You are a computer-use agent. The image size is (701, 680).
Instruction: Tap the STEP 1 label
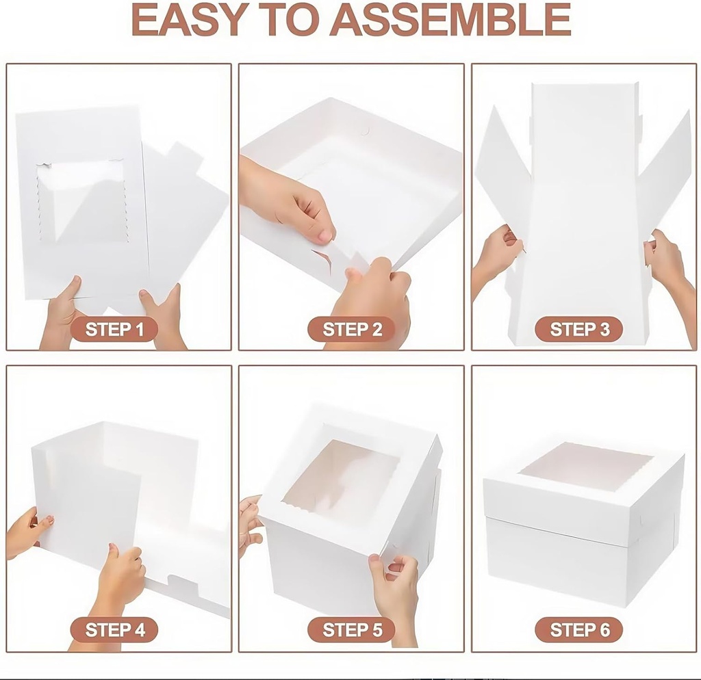[x=114, y=330]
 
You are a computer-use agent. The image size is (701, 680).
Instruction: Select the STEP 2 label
[x=352, y=330]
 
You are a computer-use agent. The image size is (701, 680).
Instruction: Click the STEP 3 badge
[x=579, y=330]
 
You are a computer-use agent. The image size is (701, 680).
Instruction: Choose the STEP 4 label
[x=114, y=629]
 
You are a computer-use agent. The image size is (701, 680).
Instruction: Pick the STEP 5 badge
[x=352, y=629]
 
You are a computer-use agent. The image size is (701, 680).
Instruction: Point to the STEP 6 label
[x=579, y=629]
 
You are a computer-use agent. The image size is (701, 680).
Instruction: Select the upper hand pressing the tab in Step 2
[x=288, y=198]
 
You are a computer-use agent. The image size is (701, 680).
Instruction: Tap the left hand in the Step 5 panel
[x=250, y=523]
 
